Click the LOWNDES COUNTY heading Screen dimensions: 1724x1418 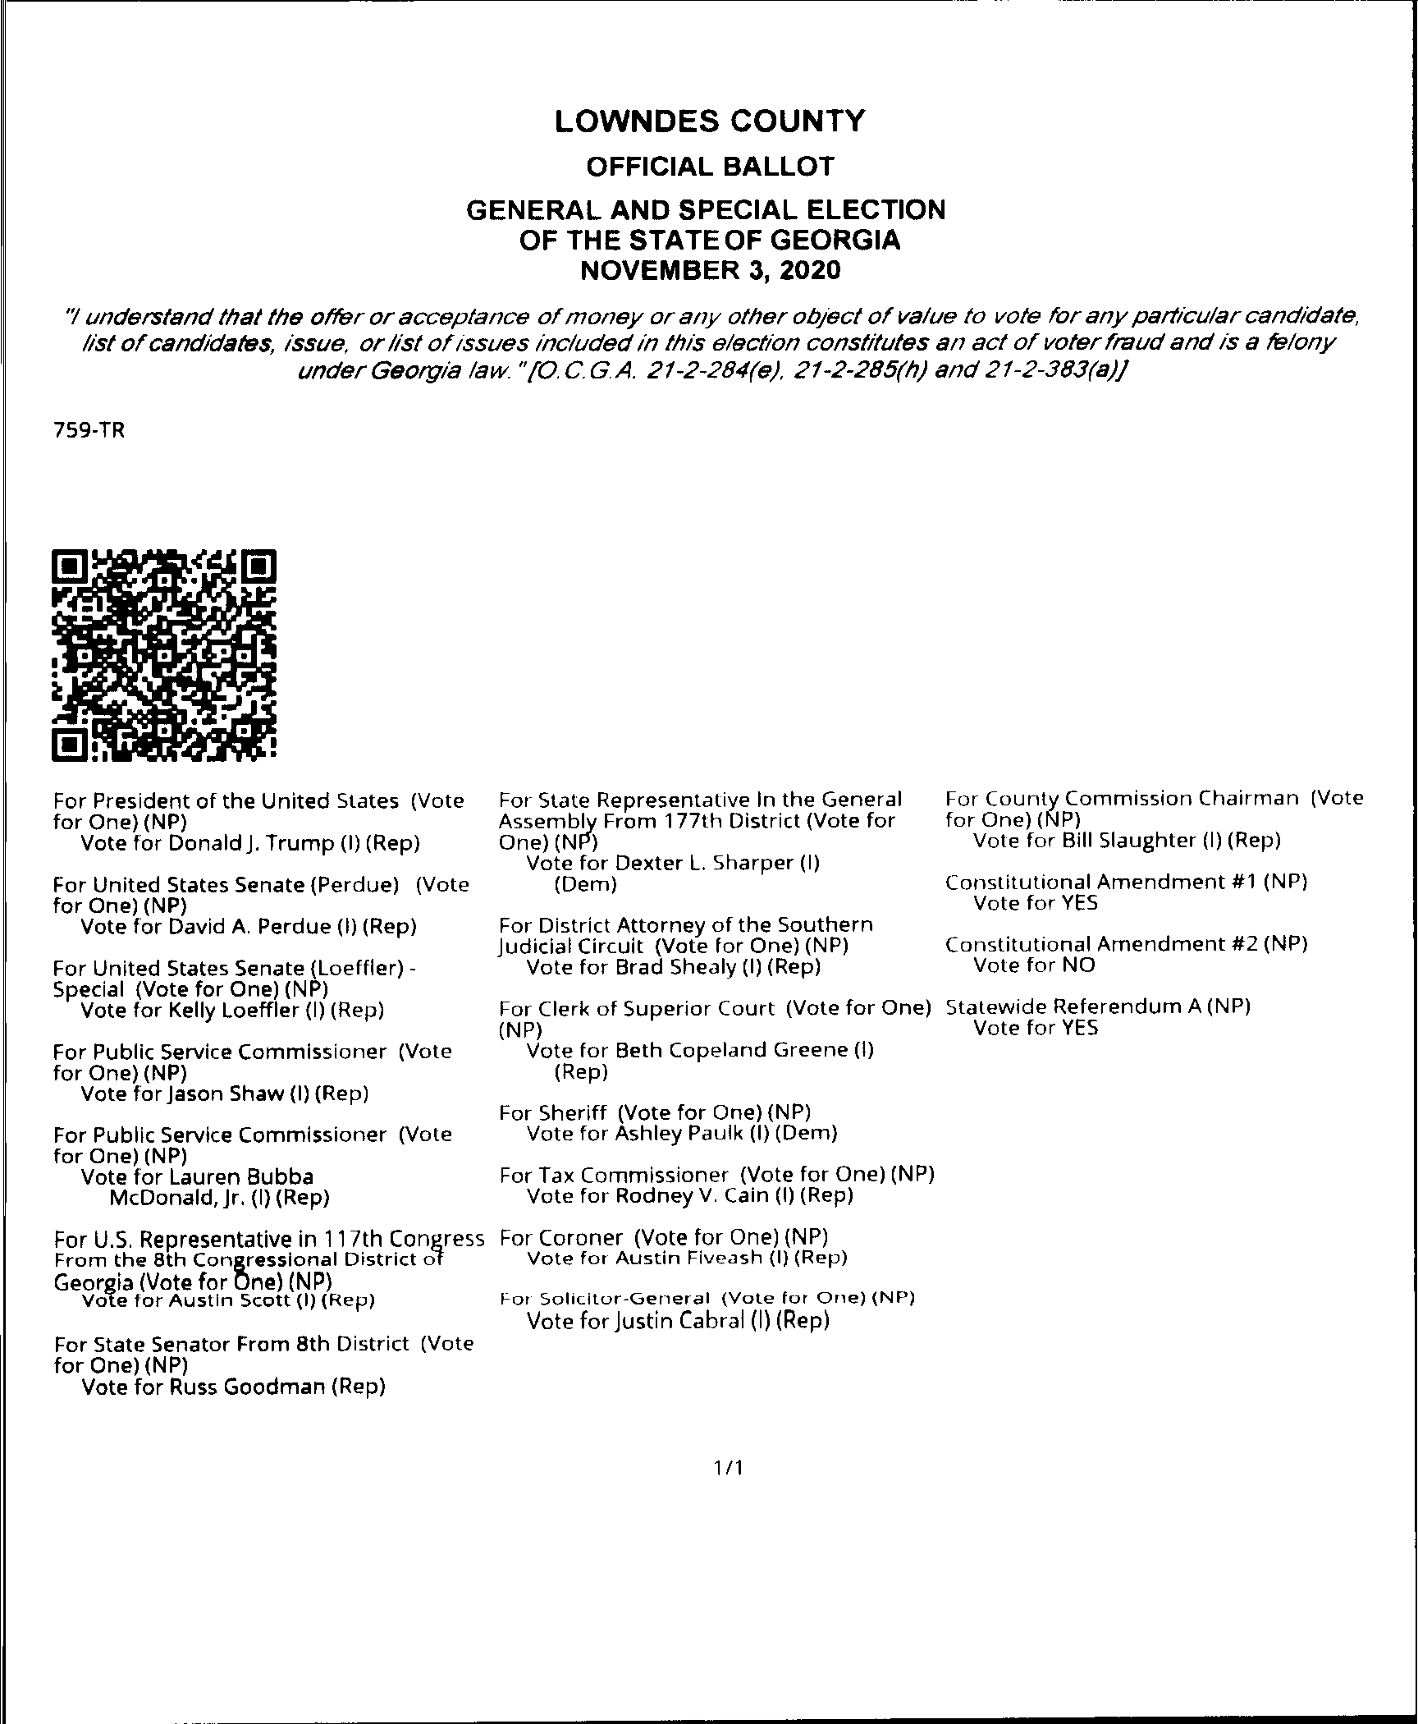709,122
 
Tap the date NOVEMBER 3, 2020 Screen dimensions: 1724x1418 710,270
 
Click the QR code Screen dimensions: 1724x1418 164,654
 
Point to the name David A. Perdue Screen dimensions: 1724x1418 249,927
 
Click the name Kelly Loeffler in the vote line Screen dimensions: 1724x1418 235,1011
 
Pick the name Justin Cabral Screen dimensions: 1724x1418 677,1321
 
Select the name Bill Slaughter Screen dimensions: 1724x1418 1125,841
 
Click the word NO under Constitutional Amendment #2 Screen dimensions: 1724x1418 1079,965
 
